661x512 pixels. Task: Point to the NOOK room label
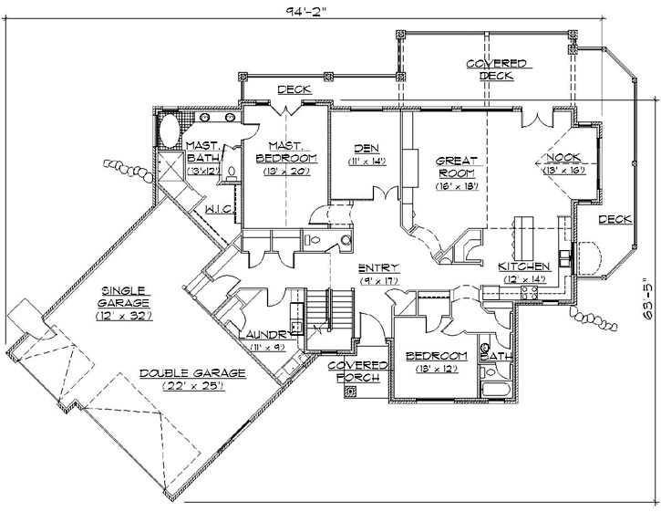[x=563, y=156]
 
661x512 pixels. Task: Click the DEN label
[x=367, y=148]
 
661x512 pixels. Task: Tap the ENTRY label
[x=376, y=267]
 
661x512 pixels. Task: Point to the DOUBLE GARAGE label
[x=180, y=373]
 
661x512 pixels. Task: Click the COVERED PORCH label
[x=359, y=371]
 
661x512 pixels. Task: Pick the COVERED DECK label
[x=496, y=69]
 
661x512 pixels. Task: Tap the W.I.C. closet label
[x=221, y=209]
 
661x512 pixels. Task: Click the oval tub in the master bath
[x=170, y=130]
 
